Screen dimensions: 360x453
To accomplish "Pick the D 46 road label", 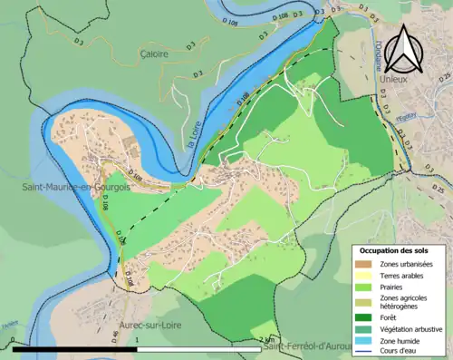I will (x=115, y=336).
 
